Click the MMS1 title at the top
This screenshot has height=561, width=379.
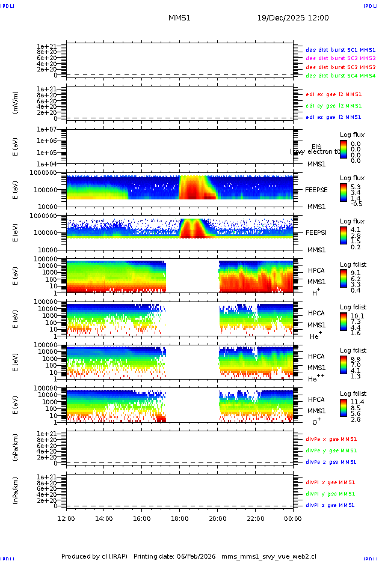tap(179, 18)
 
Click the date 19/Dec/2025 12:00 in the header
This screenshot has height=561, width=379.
tap(293, 18)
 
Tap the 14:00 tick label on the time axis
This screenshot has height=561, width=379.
tap(104, 518)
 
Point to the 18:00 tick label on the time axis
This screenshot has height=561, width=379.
tap(180, 518)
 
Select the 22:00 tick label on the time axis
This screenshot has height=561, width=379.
tap(256, 518)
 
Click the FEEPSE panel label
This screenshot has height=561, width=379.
tap(316, 190)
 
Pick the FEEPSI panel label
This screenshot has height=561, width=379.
tap(316, 232)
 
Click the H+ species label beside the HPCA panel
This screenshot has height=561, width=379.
tap(315, 293)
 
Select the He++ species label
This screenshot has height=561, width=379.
tap(316, 378)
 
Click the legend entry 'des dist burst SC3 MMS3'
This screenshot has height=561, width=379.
tap(340, 67)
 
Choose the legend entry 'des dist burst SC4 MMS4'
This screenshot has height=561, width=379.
tap(340, 76)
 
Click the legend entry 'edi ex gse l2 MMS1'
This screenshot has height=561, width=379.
tap(334, 94)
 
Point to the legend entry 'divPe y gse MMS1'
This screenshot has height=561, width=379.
tap(331, 450)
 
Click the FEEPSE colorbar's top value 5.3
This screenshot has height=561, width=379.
tap(356, 187)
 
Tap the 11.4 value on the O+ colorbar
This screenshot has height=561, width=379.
tap(357, 401)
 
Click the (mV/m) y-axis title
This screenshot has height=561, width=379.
tap(16, 103)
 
